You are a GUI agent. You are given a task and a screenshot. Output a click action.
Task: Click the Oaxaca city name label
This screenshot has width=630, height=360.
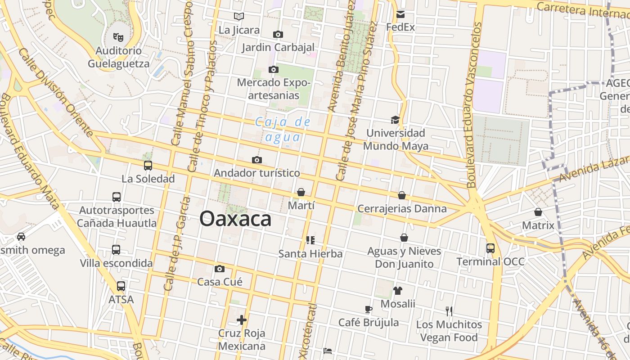tap(235, 219)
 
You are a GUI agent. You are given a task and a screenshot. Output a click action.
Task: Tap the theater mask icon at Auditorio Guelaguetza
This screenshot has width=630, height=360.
tap(118, 37)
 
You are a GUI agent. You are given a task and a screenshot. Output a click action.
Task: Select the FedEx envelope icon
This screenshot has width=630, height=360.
tap(400, 14)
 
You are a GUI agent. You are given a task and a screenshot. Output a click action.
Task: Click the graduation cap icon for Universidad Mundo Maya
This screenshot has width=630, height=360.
tap(395, 120)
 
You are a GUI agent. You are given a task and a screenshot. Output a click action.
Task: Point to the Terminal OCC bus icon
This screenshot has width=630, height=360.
tap(490, 248)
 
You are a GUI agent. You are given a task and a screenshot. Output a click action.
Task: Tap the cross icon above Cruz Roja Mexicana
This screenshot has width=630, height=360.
tap(242, 320)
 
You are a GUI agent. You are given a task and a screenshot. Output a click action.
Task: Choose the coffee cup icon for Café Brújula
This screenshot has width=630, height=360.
tap(369, 310)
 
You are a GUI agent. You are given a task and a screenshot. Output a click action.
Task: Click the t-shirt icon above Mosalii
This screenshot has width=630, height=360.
tap(397, 291)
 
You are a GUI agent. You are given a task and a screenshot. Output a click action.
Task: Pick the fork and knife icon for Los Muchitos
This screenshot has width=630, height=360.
tap(449, 311)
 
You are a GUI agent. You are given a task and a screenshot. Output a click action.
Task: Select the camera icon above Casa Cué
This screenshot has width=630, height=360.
tap(220, 269)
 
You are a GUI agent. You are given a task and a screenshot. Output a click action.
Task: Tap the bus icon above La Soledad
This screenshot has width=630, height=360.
tap(148, 166)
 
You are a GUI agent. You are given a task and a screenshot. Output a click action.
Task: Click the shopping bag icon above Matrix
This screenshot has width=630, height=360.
tap(538, 212)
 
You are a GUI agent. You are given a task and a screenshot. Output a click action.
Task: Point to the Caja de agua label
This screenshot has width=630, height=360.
tap(283, 129)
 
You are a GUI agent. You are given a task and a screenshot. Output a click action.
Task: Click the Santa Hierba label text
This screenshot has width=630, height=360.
tap(310, 254)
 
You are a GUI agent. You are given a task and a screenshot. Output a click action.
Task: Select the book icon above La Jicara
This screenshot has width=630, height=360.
tap(239, 17)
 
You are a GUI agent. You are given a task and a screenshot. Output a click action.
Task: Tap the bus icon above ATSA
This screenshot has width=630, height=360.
tap(121, 286)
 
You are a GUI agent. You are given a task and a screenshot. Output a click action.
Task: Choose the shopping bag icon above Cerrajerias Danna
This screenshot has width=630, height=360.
tap(402, 195)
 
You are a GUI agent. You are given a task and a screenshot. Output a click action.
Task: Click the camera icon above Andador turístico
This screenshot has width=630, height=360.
tap(257, 160)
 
